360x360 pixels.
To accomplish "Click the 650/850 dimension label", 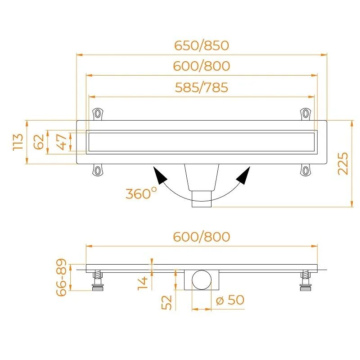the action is (x=202, y=45).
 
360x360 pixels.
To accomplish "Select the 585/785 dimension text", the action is (x=202, y=87).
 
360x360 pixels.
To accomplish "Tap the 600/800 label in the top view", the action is (x=202, y=66).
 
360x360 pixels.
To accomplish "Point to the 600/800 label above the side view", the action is (x=202, y=237).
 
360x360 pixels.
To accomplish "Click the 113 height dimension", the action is (x=18, y=142).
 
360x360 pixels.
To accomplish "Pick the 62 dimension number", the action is (x=39, y=142).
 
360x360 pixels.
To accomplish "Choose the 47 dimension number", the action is (x=62, y=142).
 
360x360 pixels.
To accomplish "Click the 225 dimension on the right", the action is (x=343, y=163).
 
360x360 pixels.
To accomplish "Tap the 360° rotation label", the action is (x=141, y=193).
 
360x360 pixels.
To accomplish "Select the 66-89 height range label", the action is (x=61, y=277).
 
